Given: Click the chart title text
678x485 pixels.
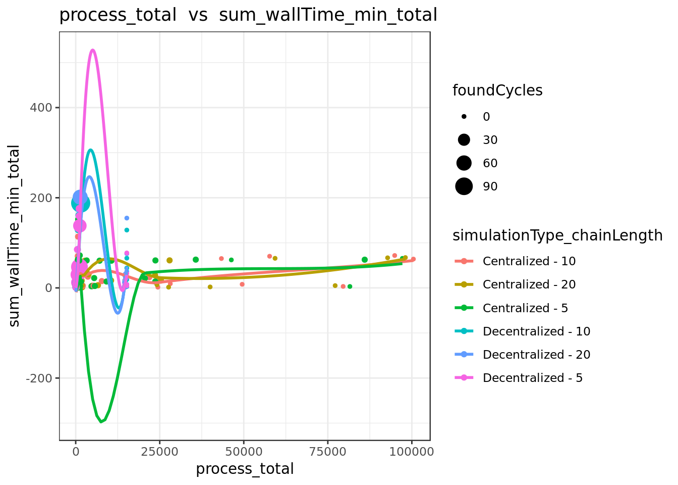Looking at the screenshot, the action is (x=248, y=15).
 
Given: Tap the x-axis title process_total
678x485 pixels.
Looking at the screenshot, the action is (x=245, y=469).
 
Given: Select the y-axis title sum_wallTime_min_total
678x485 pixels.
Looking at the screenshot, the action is (x=14, y=236).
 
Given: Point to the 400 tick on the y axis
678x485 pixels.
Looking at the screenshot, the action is (x=41, y=108).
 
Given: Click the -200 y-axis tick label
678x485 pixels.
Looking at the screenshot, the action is (x=39, y=378).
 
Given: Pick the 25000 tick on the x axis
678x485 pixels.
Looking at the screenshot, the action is (x=159, y=452).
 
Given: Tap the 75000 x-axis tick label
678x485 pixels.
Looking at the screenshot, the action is (x=327, y=452).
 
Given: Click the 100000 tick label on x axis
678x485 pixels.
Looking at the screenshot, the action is (x=411, y=452).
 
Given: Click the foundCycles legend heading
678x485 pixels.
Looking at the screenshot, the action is (x=497, y=90).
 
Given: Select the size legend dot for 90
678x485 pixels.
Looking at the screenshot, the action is (x=464, y=186).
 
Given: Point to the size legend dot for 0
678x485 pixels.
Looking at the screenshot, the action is (x=464, y=117).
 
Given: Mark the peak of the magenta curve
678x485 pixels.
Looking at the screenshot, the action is (x=93, y=50).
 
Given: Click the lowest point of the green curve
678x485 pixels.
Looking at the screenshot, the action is (x=101, y=421).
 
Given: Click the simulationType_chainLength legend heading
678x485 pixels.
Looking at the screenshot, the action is (x=557, y=235).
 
